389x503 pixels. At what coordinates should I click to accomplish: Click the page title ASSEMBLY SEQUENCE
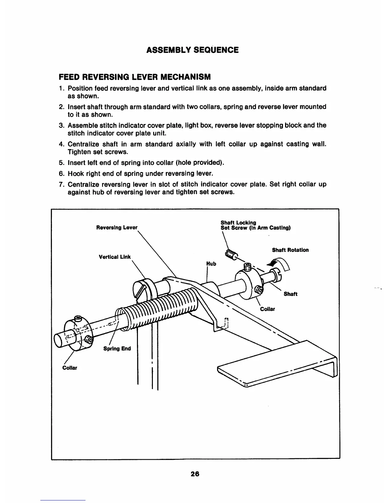(x=192, y=50)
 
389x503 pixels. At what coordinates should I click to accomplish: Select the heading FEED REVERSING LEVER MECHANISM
(x=135, y=77)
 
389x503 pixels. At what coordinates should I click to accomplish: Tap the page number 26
(x=195, y=474)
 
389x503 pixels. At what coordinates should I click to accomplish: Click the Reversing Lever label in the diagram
(x=117, y=227)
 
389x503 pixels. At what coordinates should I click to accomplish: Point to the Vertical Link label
(x=115, y=257)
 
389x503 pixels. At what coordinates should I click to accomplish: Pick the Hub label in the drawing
(x=211, y=264)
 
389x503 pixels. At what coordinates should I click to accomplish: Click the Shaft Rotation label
(x=290, y=250)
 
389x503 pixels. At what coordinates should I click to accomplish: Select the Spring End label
(x=117, y=349)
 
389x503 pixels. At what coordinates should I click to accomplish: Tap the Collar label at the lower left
(x=70, y=368)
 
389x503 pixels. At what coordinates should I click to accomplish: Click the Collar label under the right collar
(x=267, y=309)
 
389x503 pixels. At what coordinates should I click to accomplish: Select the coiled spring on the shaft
(x=159, y=306)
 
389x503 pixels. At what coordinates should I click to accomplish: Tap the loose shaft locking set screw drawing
(x=231, y=254)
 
